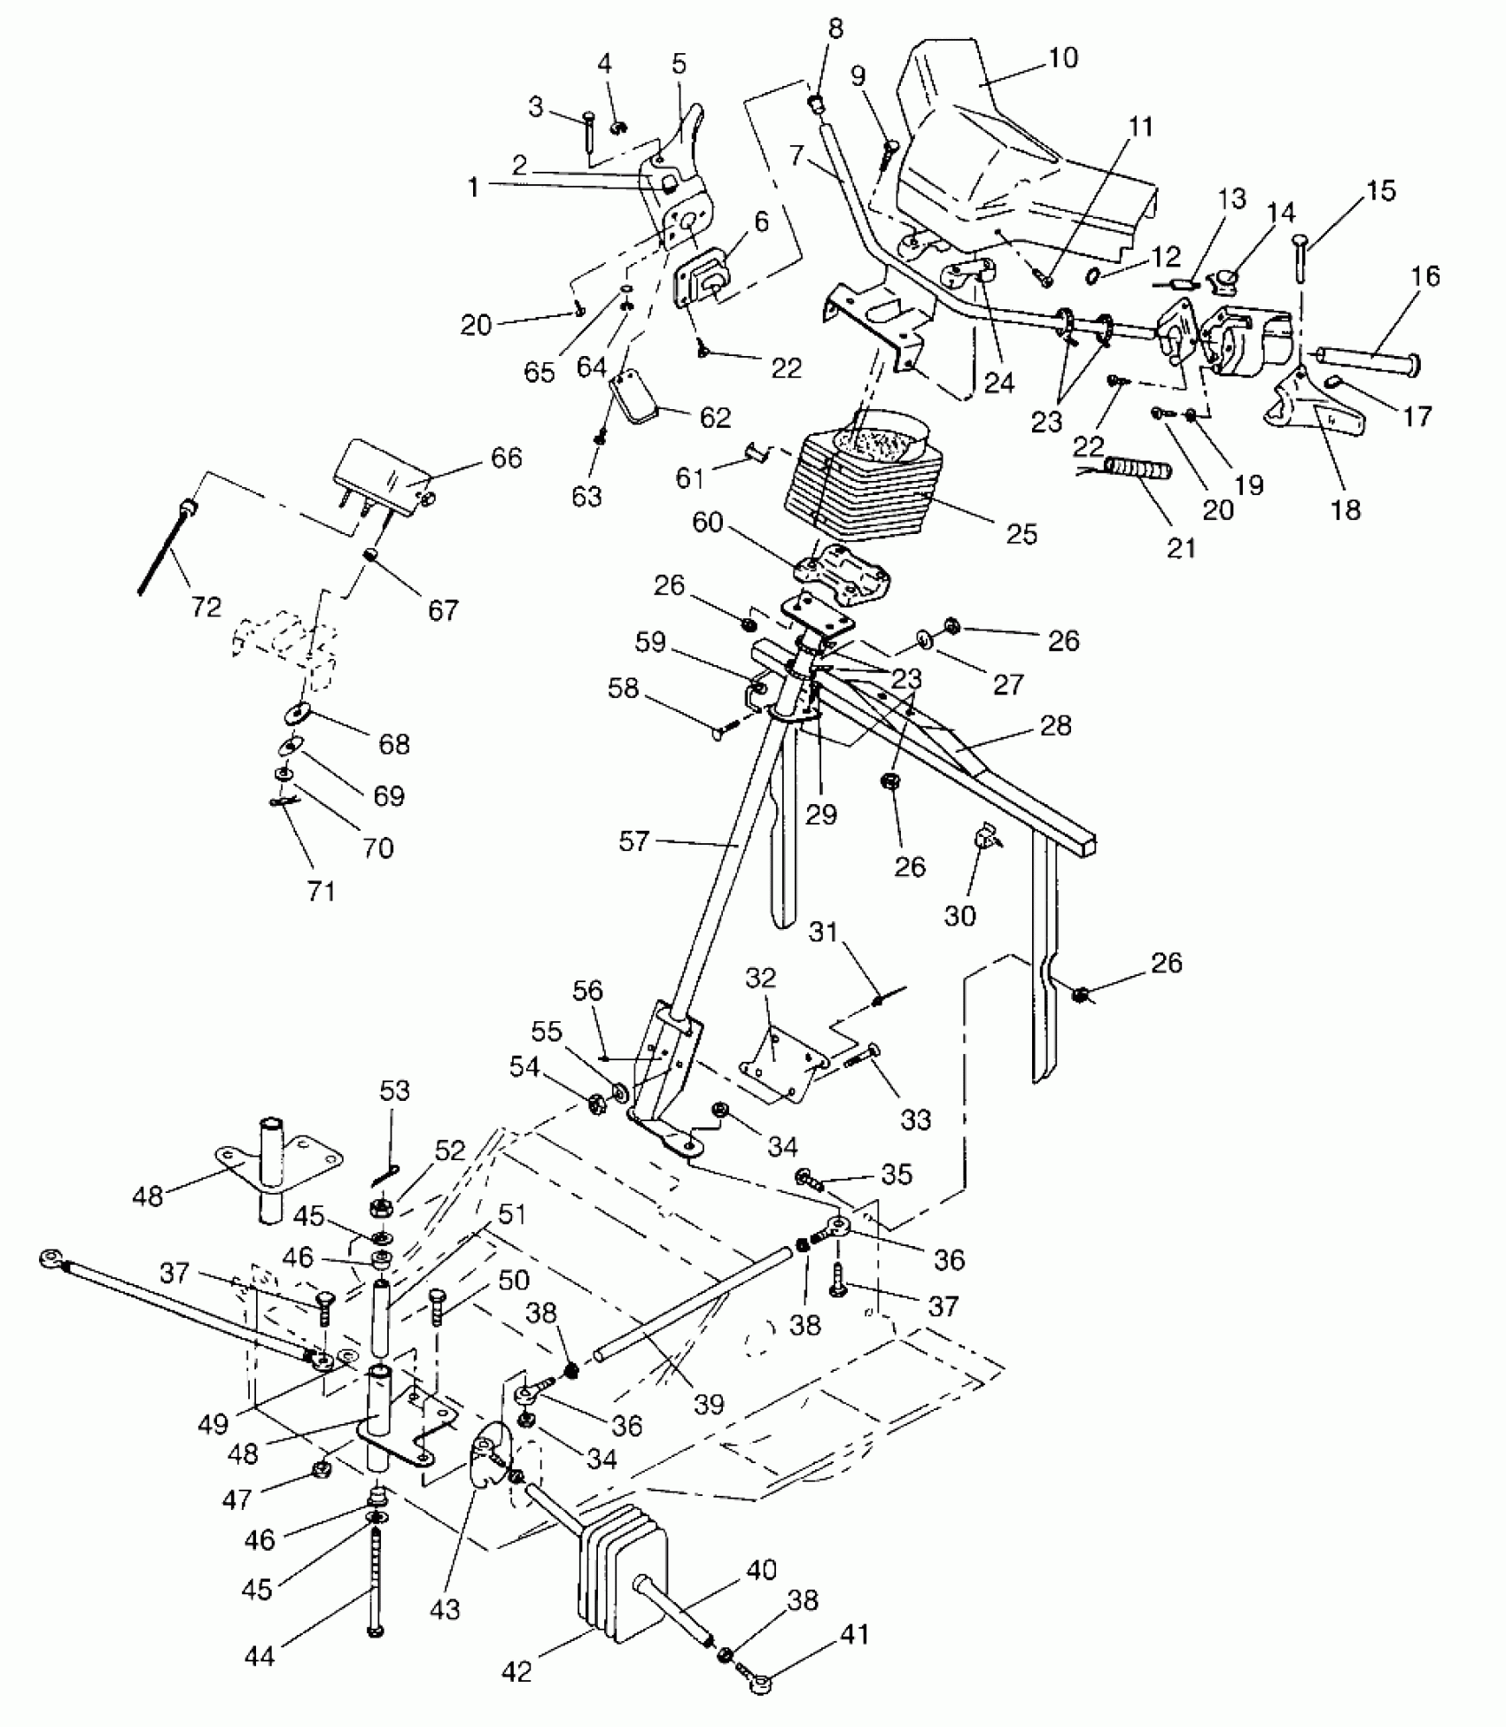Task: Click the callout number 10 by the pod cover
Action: coord(1063,58)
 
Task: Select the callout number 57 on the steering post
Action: coord(634,840)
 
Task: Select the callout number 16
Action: coord(1425,276)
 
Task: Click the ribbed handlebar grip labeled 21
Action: coord(1138,468)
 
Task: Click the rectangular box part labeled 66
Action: coord(379,477)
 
